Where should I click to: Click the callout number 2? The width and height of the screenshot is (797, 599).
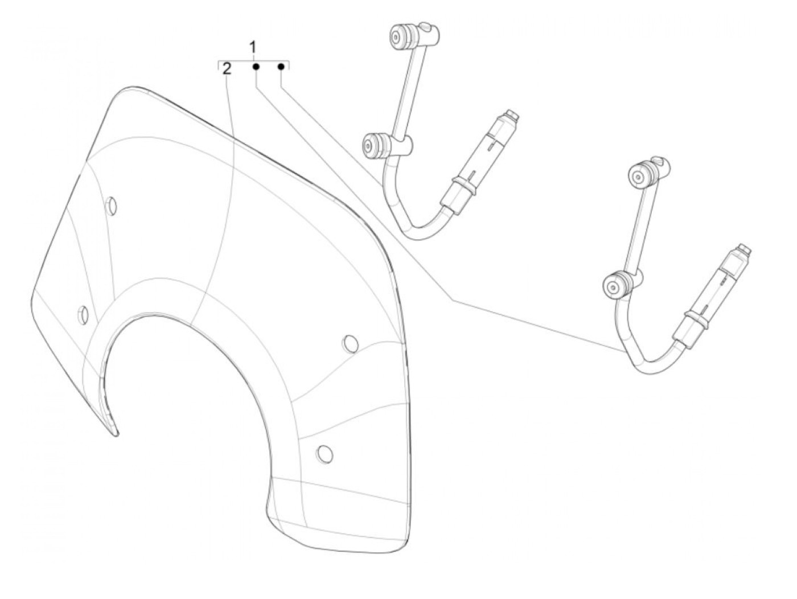point(227,69)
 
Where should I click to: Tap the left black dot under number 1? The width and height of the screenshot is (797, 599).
point(256,67)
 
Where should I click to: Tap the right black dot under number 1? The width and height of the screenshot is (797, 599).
point(281,67)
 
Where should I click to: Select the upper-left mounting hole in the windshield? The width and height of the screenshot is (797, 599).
point(112,206)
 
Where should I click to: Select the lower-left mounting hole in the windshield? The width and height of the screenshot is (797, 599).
point(83,313)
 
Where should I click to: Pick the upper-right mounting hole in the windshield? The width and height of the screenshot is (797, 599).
point(350,343)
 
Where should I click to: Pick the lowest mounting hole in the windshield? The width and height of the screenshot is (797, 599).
point(324,453)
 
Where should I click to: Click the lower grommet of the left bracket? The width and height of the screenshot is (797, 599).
point(373,146)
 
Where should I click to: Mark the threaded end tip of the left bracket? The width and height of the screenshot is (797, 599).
point(512,114)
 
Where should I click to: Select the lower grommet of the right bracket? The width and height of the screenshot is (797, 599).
point(615,286)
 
